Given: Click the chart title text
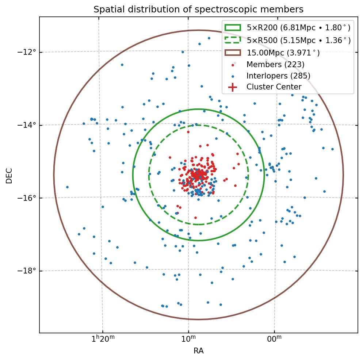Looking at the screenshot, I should [x=198, y=9].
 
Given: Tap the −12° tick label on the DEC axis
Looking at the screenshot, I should [x=28, y=52].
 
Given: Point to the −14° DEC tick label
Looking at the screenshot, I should [x=28, y=125].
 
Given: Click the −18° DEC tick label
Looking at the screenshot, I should [x=28, y=271].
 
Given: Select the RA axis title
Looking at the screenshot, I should [x=198, y=351].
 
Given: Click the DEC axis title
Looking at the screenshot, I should [x=9, y=175].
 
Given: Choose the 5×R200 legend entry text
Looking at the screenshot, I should [x=298, y=28].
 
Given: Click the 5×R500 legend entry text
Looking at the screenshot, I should [x=298, y=41].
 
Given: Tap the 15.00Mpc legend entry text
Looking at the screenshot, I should [x=283, y=53].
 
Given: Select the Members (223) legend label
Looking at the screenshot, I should [x=275, y=65].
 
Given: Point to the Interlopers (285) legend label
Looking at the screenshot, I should [x=278, y=76].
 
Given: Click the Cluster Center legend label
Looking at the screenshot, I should [x=274, y=87].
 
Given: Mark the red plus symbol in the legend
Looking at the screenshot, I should [x=233, y=87].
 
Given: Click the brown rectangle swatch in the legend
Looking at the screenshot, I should [x=233, y=53].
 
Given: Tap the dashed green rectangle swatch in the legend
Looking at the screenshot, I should [x=233, y=40].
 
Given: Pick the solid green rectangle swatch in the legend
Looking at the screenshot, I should [x=233, y=28].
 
